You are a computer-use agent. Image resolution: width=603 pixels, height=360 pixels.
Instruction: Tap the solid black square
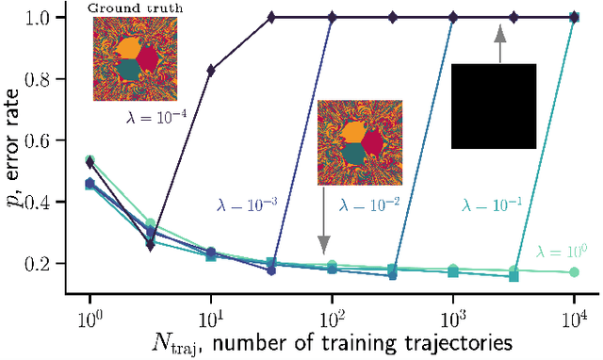[x=494, y=106]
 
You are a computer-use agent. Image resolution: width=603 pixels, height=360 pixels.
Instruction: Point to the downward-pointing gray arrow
[x=323, y=218]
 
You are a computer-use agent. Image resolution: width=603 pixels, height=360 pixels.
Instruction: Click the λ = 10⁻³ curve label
[x=242, y=202]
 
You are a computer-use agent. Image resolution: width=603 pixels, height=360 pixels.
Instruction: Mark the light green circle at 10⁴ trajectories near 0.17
[x=575, y=272]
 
